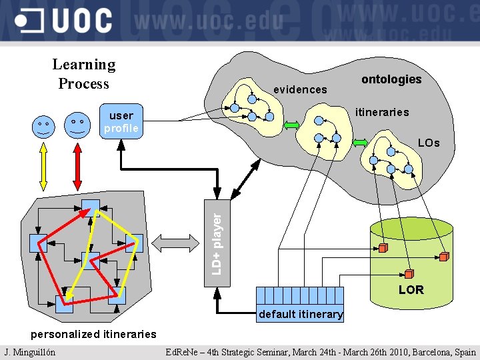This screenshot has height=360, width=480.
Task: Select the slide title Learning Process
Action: coord(83,74)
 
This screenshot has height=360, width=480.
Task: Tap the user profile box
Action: coord(121,121)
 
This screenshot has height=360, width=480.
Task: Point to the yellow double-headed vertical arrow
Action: coord(44,167)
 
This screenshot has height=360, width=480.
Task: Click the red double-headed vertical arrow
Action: coord(77,167)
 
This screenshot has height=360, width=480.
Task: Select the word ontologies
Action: coord(391,79)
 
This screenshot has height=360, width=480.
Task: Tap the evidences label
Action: coord(300,89)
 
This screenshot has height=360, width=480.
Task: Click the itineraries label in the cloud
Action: coord(381,112)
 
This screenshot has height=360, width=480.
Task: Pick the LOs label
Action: coord(429,143)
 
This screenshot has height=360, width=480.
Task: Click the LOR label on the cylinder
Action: coord(411,290)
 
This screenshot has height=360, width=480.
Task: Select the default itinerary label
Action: coord(301,314)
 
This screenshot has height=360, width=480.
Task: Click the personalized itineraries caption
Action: coord(94,334)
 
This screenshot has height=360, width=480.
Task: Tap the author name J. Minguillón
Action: coord(29,352)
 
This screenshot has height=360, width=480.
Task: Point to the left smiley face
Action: coord(45,126)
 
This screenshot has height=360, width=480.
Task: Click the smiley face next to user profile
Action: coord(77,125)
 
